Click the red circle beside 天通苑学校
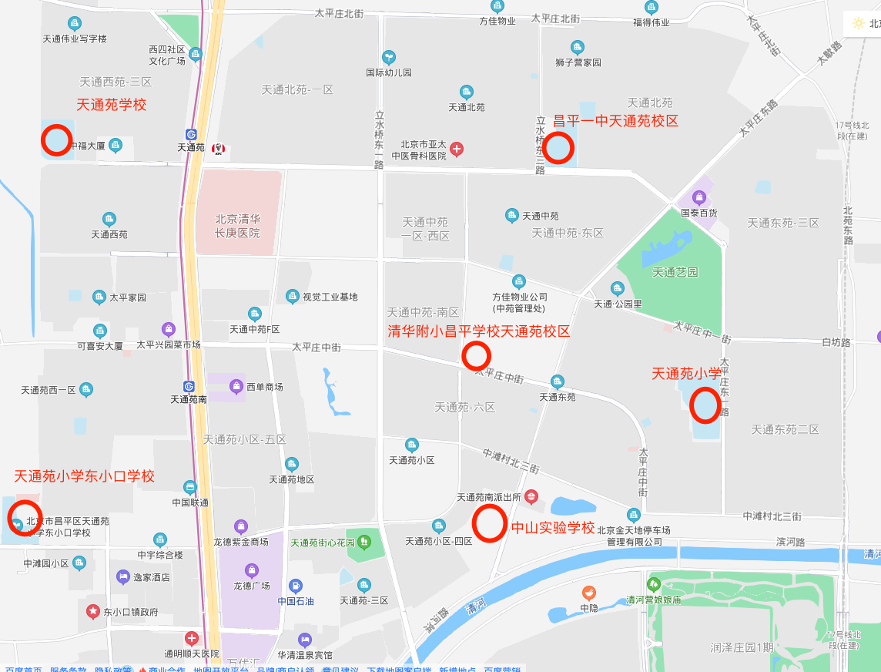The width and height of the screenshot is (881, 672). (x=56, y=140)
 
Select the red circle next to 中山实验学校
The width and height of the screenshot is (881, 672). (x=489, y=522)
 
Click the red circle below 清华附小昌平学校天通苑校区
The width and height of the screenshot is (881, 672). (x=476, y=355)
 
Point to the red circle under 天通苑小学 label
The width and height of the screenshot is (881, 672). (x=705, y=405)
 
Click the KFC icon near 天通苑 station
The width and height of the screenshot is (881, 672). (x=218, y=147)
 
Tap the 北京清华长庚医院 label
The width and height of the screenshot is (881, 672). (x=237, y=225)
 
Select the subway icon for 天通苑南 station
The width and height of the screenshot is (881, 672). (x=189, y=386)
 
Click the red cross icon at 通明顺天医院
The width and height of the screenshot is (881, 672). (x=191, y=638)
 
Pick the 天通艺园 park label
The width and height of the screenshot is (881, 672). (x=675, y=272)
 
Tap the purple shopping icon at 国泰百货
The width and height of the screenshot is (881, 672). (x=699, y=197)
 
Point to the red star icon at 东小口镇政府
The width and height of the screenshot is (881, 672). (x=93, y=612)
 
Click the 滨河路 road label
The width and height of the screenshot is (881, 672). (x=790, y=542)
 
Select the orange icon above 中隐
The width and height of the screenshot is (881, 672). (x=589, y=593)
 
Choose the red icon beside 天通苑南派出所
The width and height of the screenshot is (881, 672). (x=531, y=497)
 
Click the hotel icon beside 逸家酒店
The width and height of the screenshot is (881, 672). (x=123, y=576)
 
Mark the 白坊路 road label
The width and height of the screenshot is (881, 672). (x=836, y=341)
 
